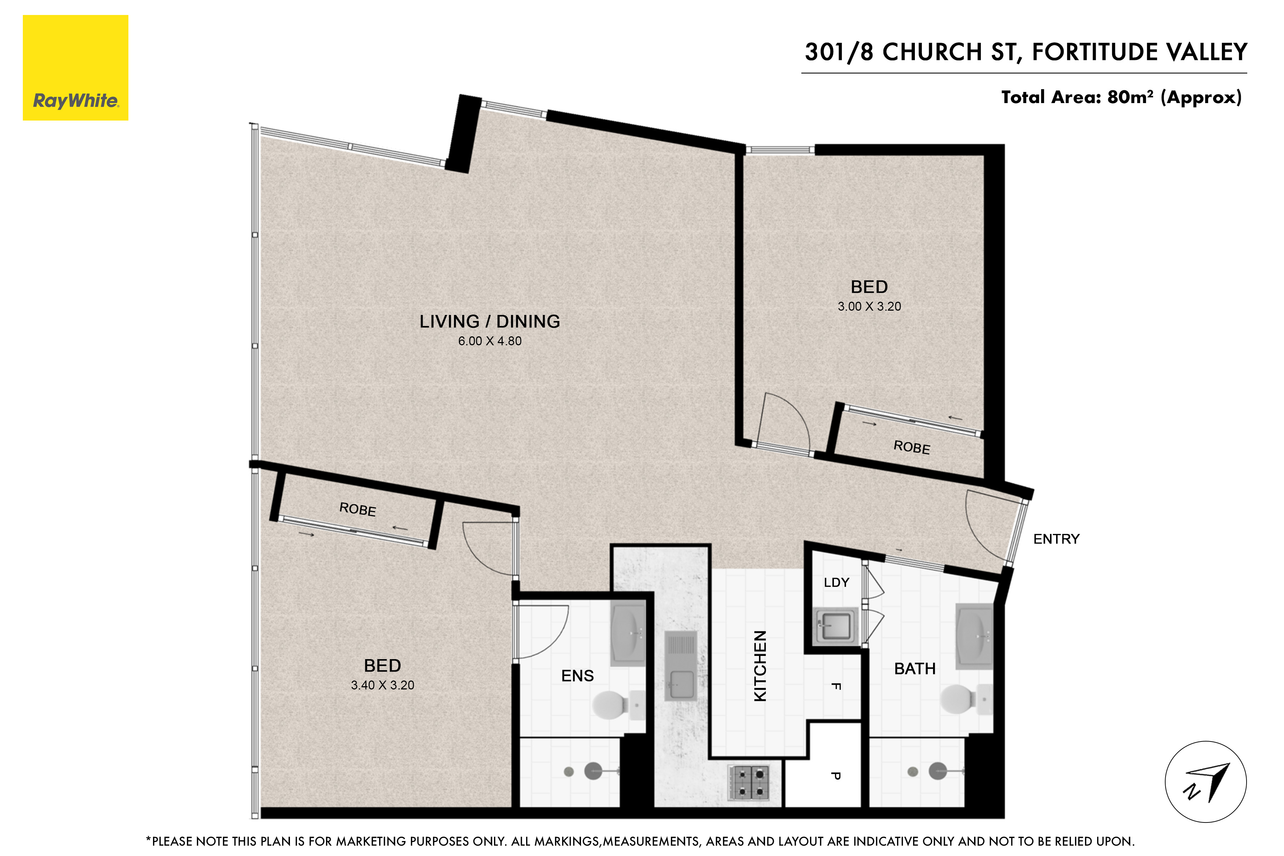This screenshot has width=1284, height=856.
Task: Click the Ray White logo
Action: pos(75,68)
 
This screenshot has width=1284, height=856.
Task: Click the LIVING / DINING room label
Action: pos(490,322)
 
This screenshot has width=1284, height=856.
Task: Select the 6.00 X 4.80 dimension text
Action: pos(490,341)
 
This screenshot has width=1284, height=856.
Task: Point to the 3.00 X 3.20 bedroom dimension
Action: pos(869,307)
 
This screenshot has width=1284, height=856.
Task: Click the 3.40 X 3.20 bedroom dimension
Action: pos(383,685)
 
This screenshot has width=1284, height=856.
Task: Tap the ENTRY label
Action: pos(1056,539)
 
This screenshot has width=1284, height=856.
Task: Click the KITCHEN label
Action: pos(760,666)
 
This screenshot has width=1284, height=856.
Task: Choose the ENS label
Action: pos(577,676)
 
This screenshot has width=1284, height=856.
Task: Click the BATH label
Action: pos(915,669)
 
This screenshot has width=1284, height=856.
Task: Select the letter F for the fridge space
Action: pos(835,686)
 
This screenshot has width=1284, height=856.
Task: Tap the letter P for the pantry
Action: pos(835,776)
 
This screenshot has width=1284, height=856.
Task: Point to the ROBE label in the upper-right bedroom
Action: pos(912,448)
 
